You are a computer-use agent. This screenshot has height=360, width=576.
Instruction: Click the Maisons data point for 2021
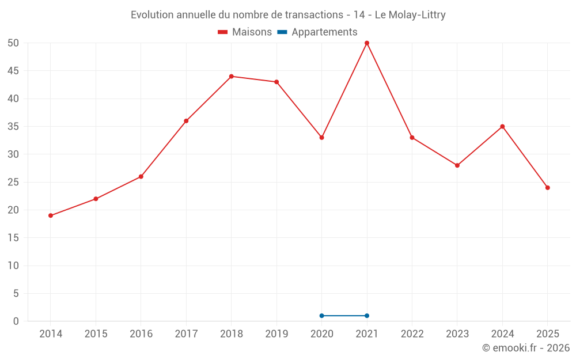[367, 43]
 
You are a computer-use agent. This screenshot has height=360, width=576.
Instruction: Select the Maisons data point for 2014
[51, 215]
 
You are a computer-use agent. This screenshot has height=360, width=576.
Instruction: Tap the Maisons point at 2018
[231, 76]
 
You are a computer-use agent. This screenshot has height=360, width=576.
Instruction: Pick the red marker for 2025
[547, 188]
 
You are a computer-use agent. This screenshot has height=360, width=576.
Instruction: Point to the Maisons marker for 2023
[457, 165]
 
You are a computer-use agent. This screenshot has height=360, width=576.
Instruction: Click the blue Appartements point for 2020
[321, 316]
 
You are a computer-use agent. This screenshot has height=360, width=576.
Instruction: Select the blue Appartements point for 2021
[367, 316]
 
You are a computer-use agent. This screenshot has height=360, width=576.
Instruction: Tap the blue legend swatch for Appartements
[282, 32]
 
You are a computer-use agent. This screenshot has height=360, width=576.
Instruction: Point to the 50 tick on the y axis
[13, 43]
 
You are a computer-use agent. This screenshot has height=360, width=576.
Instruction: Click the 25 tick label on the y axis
[13, 182]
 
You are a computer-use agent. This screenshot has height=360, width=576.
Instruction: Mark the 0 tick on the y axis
[16, 321]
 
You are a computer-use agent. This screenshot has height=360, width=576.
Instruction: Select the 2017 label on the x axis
[186, 334]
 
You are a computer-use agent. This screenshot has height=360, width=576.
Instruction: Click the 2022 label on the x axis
[412, 334]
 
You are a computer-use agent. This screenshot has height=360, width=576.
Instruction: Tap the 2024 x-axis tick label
[502, 334]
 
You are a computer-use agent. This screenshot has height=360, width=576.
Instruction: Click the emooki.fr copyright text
[526, 348]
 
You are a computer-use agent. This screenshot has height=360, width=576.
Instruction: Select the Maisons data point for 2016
[141, 176]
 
